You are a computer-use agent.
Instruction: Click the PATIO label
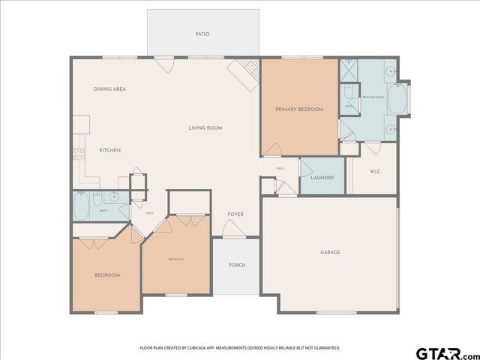click(x=202, y=34)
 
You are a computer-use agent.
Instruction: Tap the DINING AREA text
click(x=109, y=89)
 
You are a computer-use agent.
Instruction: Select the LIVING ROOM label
click(x=205, y=128)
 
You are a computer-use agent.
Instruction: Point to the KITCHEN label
click(x=110, y=151)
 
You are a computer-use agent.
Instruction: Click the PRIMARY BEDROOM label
click(x=298, y=109)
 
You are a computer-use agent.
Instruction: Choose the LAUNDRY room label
click(x=322, y=178)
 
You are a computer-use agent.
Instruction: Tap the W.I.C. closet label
click(x=376, y=172)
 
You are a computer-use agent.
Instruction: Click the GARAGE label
click(x=330, y=252)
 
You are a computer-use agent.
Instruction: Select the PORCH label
click(x=237, y=265)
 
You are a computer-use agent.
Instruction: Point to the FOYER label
click(x=235, y=214)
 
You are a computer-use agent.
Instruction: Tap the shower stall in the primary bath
click(x=351, y=73)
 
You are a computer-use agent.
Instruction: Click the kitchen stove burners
click(x=78, y=155)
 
